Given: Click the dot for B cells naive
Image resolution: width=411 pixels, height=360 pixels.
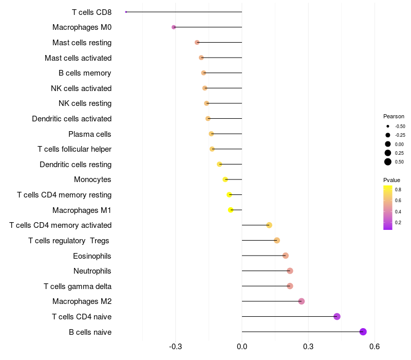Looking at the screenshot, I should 363,332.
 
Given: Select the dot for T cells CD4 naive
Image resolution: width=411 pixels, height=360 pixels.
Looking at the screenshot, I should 337,316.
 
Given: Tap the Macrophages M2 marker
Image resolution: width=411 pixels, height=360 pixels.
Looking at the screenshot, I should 302,301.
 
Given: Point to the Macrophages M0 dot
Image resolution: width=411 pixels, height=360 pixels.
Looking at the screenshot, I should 174,27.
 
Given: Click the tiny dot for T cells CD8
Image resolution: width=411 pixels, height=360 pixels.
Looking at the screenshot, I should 126,12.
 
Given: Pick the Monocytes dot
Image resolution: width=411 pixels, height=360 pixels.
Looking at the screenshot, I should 225,179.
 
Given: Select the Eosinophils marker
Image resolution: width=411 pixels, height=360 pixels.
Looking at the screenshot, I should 286,256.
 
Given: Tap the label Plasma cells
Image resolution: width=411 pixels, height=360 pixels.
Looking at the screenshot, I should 90,134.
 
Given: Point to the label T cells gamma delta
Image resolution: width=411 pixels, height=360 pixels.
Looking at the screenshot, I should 78,286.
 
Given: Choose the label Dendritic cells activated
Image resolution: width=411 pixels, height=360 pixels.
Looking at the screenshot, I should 72,119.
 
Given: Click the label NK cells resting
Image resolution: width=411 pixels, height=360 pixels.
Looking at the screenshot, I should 85,103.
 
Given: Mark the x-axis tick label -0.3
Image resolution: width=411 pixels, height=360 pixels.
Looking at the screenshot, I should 175,347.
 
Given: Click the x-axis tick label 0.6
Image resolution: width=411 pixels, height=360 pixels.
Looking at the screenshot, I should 375,347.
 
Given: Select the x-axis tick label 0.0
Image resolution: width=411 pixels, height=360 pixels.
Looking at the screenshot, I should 242,347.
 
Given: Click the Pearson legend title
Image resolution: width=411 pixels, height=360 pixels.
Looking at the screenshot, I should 394,116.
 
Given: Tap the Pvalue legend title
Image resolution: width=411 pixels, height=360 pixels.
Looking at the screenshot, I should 391,180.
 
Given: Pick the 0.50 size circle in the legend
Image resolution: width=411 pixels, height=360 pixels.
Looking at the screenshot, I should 388,162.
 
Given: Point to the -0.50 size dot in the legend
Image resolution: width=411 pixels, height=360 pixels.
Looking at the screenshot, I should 388,126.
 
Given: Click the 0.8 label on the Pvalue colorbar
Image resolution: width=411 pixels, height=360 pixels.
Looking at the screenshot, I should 398,190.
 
